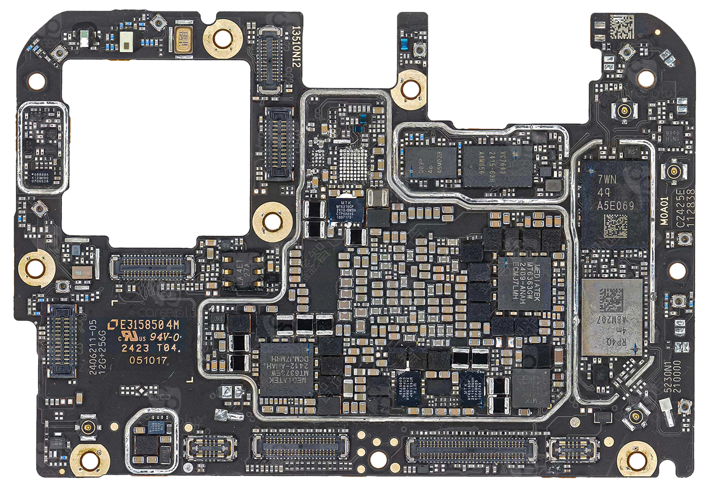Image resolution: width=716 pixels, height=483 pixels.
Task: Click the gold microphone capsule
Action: click(x=183, y=39)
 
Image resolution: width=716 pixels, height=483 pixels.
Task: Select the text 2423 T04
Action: click(x=150, y=348)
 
